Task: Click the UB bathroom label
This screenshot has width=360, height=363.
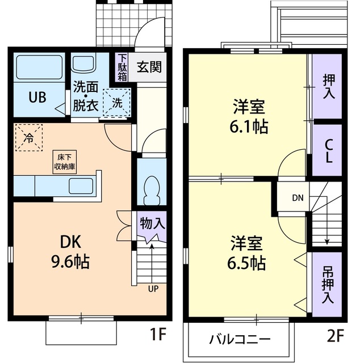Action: (38, 97)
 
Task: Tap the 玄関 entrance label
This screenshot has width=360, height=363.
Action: (149, 67)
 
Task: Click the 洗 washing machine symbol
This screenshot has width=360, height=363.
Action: (116, 104)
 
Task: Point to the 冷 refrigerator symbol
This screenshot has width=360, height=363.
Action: (28, 137)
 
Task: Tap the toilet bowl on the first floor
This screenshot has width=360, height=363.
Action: (151, 189)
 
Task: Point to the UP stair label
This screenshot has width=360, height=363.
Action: (153, 288)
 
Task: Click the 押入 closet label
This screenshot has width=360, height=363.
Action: (328, 87)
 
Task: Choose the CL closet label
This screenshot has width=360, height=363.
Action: (328, 151)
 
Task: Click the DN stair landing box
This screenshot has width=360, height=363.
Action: (298, 198)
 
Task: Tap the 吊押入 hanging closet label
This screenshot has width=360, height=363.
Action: (328, 284)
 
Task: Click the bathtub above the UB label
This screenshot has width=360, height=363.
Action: (38, 68)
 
